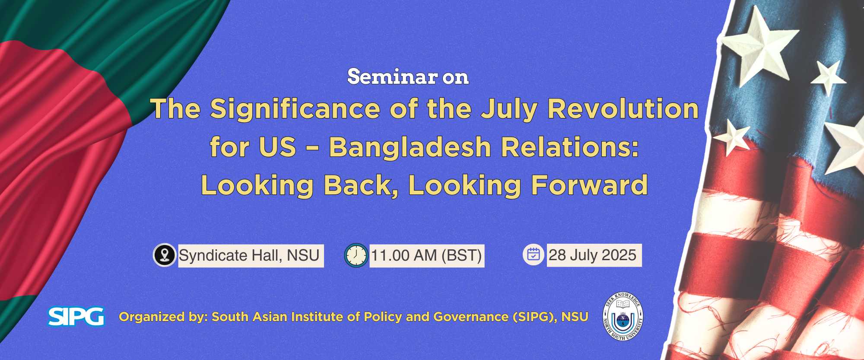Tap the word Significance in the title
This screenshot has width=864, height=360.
295,108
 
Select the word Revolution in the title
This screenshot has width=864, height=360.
623,108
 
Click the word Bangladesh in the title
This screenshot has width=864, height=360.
410,147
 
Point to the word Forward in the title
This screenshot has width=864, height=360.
589,185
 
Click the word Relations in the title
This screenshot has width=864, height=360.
566,147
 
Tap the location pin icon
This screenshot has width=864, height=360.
164,255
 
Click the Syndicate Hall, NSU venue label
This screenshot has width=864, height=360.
251,256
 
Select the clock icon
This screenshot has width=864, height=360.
356,255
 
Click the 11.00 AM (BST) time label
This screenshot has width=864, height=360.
427,256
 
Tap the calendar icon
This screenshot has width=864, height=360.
534,255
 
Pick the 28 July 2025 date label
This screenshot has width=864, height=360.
594,255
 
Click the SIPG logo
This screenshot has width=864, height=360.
76,316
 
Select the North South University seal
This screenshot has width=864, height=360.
623,316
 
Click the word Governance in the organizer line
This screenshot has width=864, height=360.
471,317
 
